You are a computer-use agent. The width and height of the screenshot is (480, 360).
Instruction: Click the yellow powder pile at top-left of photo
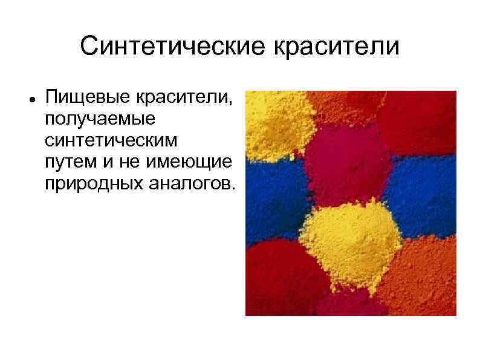point(275,124)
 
